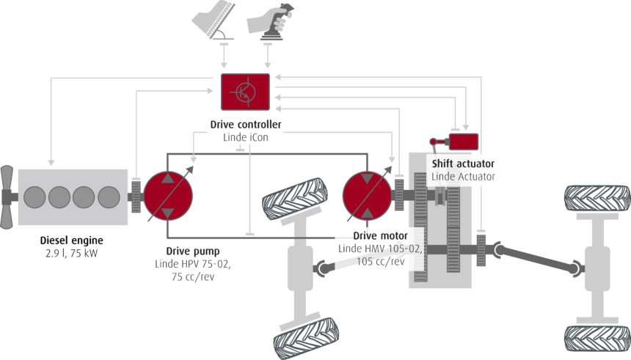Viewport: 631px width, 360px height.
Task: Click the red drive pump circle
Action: pos(168,196)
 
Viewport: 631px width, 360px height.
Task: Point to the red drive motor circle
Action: pos(368,196)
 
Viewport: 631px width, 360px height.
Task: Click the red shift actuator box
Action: pos(462,141)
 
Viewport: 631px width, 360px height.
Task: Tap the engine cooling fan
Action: pos(8,196)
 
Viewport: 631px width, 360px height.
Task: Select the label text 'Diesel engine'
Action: pos(72,240)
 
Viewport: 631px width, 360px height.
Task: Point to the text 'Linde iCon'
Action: pos(245,137)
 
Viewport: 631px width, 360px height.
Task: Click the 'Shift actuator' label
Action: pos(463,164)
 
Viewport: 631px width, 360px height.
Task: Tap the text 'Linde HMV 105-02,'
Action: pos(379,249)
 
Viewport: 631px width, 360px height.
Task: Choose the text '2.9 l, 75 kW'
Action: pos(72,253)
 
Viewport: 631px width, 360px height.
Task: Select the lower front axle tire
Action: pos(303,337)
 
